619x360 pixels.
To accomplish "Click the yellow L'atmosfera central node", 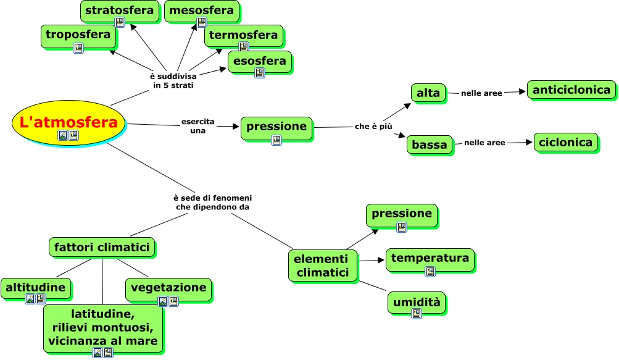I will coord(68,123).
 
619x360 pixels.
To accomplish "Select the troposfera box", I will coord(78,36).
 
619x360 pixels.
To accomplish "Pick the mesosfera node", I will coord(201,12).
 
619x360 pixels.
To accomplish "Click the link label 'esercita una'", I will coord(197,126).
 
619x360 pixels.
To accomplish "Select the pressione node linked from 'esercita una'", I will coord(276,128).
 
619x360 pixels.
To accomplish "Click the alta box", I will coord(428,93).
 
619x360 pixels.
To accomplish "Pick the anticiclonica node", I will coord(571,90).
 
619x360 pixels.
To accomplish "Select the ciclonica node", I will coord(565,143).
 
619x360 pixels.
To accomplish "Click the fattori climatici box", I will coord(102,248).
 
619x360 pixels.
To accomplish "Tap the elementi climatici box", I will coord(322,266).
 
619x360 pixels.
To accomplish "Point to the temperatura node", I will coord(430,260).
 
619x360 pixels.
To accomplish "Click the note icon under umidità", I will coord(417,314).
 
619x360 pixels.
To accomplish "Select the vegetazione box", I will coord(168,289).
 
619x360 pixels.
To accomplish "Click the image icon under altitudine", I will coord(30,299).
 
